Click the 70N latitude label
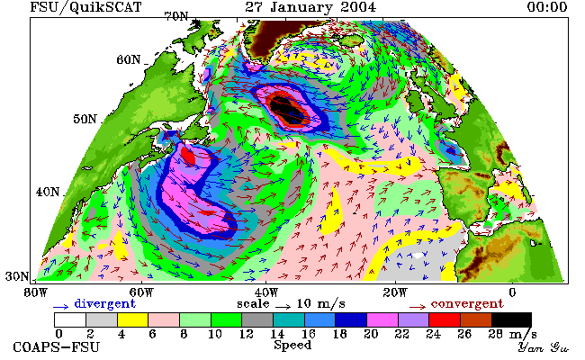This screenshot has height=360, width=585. tap(176, 17)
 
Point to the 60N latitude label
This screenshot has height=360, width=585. tap(129, 59)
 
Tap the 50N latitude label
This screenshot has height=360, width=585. tap(85, 120)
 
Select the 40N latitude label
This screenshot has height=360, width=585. tap(48, 192)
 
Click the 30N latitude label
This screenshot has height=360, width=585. tap(17, 276)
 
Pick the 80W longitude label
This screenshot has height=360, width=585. tap(36, 292)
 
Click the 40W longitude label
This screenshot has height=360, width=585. tap(266, 292)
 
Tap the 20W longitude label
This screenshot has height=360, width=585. tap(395, 292)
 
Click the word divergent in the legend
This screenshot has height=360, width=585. tap(105, 303)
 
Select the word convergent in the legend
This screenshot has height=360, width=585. tap(467, 303)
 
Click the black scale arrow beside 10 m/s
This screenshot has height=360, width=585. tap(283, 307)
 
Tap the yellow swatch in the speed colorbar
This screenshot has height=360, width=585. tap(133, 320)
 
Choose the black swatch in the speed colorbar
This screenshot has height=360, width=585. tap(511, 320)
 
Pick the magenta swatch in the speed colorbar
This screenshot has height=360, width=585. tap(382, 320)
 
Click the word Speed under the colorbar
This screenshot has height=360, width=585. tap(292, 345)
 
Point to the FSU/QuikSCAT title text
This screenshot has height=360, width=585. tap(85, 7)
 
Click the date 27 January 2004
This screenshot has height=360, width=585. tap(310, 7)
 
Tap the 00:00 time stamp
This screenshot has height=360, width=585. tap(547, 7)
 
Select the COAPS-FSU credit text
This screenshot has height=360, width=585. tap(57, 347)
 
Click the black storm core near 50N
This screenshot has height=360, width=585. tap(285, 108)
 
